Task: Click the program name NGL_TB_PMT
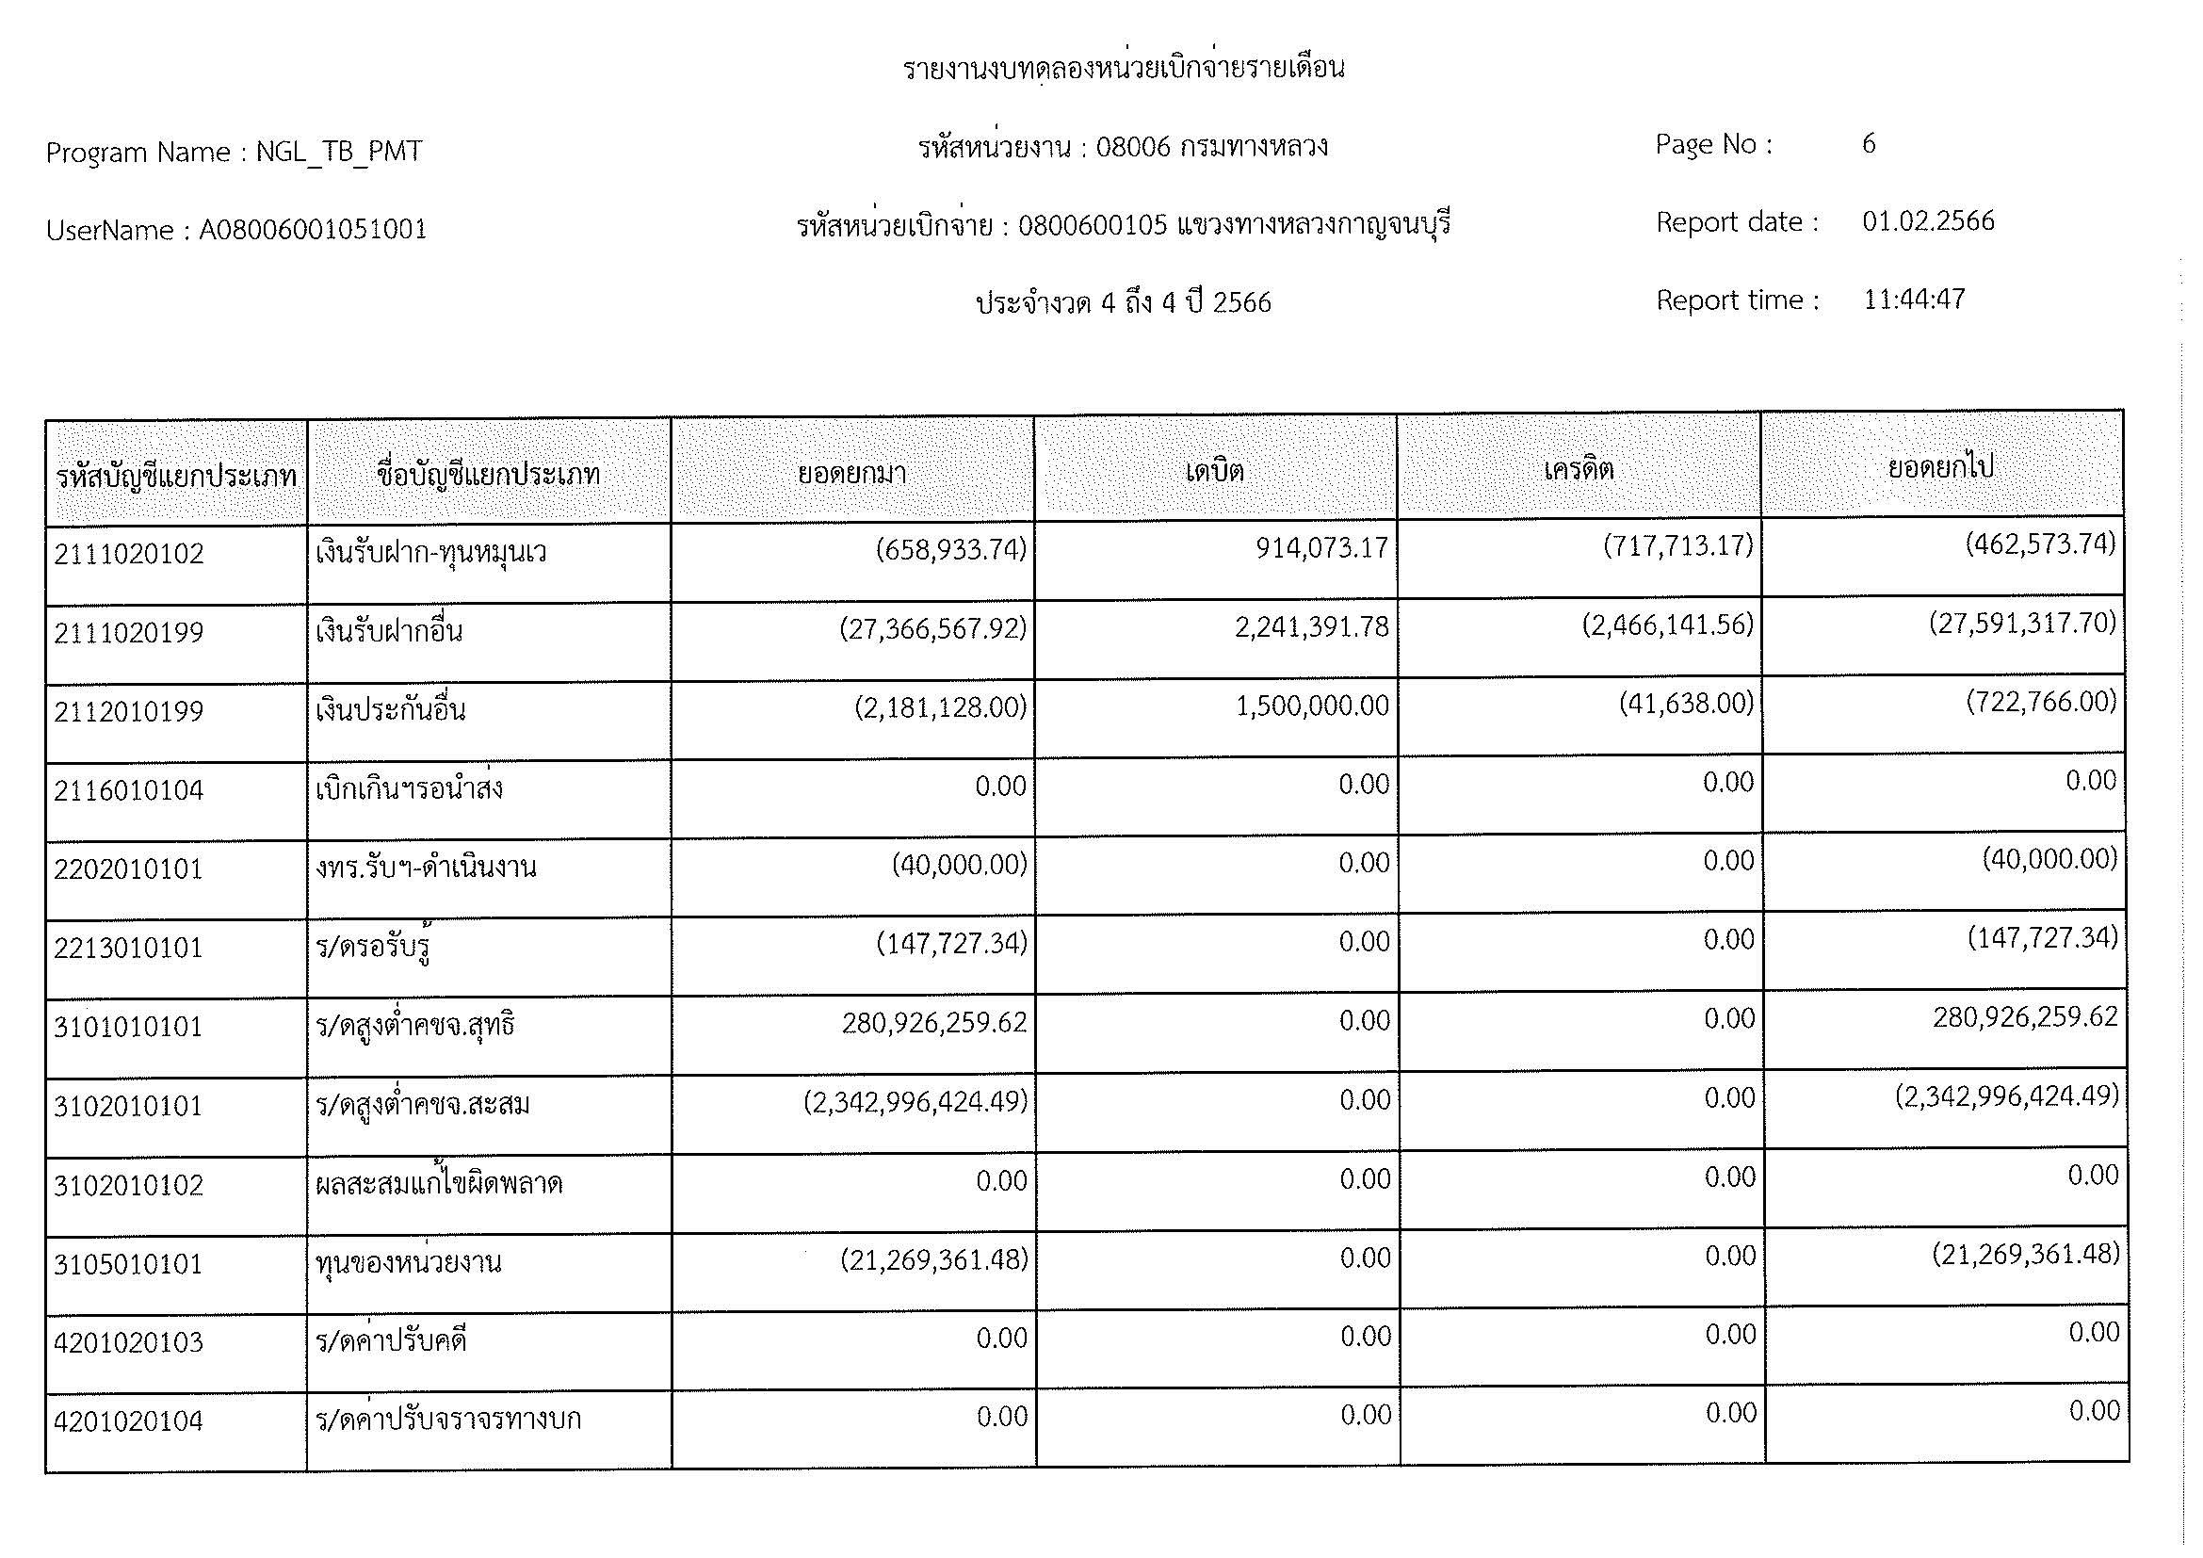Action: pyautogui.click(x=339, y=152)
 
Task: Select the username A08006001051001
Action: pyautogui.click(x=313, y=230)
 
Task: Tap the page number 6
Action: pyautogui.click(x=1868, y=144)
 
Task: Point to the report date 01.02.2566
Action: pyautogui.click(x=1928, y=221)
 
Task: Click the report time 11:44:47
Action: pyautogui.click(x=1913, y=300)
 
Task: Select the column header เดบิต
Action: pyautogui.click(x=1215, y=471)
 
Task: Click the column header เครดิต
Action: pyautogui.click(x=1579, y=469)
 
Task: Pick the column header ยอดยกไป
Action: pyautogui.click(x=1940, y=467)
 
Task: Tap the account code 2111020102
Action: pyautogui.click(x=129, y=555)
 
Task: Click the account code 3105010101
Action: pyautogui.click(x=129, y=1264)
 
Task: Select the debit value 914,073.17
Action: pyautogui.click(x=1321, y=548)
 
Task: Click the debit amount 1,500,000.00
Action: pyautogui.click(x=1312, y=706)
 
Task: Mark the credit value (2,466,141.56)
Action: pyautogui.click(x=1667, y=625)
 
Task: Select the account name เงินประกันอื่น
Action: pyautogui.click(x=391, y=711)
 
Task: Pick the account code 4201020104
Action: pyautogui.click(x=129, y=1421)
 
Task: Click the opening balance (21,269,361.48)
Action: pyautogui.click(x=933, y=1259)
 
